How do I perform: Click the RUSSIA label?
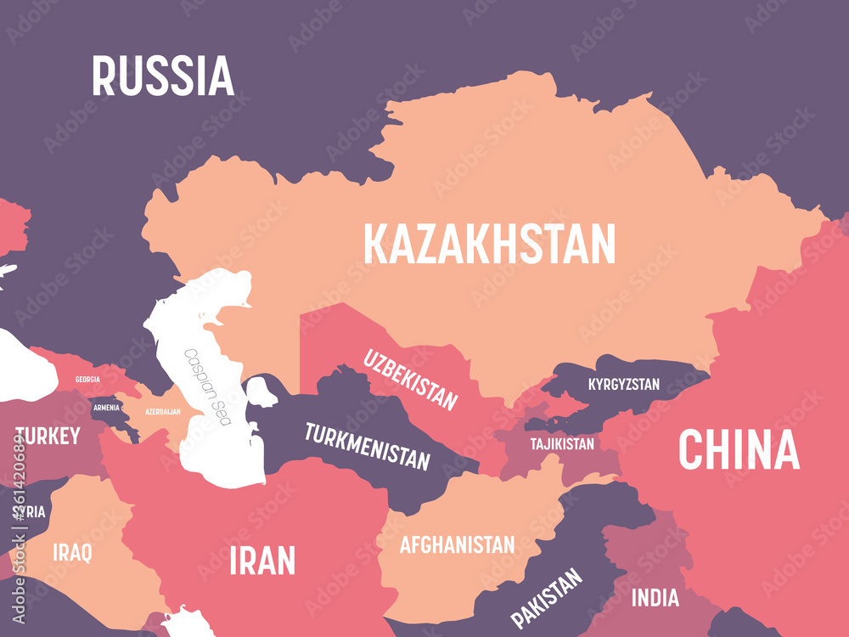coord(162,76)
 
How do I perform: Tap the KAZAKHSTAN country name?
coord(489,244)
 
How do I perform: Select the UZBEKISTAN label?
coord(411,379)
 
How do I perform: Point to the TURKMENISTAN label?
coord(367,446)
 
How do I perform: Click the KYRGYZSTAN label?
coord(623,385)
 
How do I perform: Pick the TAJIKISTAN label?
coord(562,443)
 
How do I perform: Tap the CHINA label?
coord(739,450)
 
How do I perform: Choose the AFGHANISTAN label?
coord(457,544)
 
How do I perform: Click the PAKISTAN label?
coord(546,598)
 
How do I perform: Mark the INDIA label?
coord(655,598)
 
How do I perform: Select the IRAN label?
coord(262,561)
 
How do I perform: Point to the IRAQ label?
coord(72,553)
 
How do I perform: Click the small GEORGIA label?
coord(87,379)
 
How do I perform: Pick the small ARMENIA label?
coord(106,408)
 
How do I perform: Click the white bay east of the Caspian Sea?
coord(262,392)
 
